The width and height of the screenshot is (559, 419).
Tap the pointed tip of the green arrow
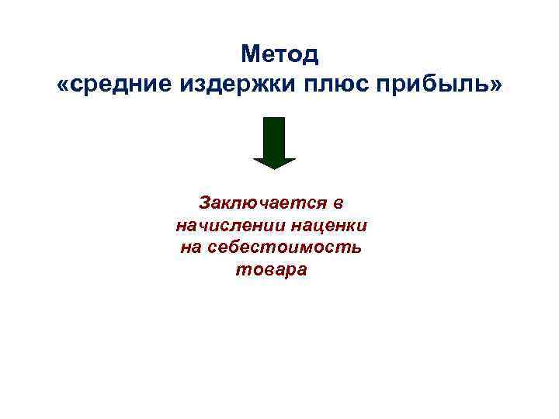point(274,167)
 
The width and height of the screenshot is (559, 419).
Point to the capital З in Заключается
point(206,203)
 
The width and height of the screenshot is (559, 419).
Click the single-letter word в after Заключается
point(337,203)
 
